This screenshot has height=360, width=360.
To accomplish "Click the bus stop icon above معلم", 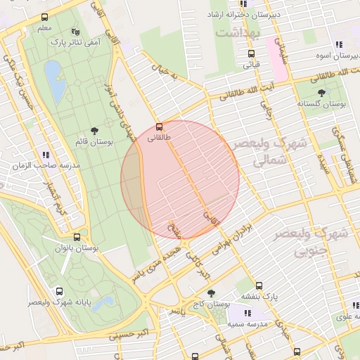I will (45, 17).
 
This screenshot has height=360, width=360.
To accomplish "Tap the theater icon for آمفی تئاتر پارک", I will (76, 32).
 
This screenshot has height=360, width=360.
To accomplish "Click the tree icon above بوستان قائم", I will (94, 131).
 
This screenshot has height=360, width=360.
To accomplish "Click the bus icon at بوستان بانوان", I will (77, 238).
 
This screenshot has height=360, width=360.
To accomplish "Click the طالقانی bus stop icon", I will (160, 127).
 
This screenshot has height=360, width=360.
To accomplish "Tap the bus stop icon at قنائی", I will (251, 53).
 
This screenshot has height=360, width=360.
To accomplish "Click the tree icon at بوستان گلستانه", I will (321, 92).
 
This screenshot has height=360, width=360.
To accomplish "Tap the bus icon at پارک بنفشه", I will (259, 285).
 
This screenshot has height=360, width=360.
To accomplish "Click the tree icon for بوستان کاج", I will (211, 293).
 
